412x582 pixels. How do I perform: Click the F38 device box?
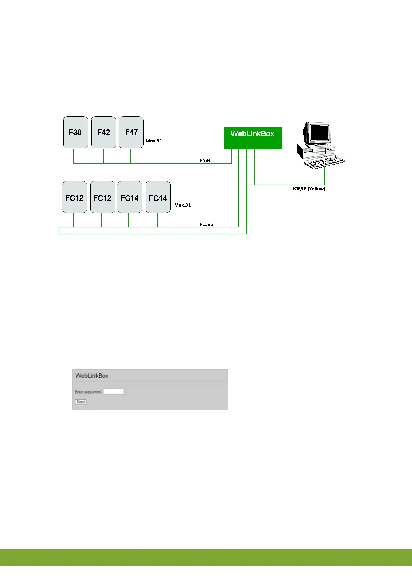click(75, 132)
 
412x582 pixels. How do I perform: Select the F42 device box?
click(103, 132)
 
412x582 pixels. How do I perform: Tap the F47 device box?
click(131, 132)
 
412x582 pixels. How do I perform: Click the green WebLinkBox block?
click(253, 138)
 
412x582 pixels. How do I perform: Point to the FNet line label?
click(205, 160)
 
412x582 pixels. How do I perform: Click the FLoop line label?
click(206, 224)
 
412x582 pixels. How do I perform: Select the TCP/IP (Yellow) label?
click(308, 188)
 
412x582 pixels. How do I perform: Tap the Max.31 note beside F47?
click(154, 141)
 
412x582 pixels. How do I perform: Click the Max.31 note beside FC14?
click(182, 205)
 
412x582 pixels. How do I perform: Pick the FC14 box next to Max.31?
click(158, 197)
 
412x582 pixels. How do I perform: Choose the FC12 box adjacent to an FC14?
click(102, 197)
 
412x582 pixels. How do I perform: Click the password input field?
click(113, 391)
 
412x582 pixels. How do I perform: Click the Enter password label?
click(88, 392)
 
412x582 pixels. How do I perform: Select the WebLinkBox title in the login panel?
click(92, 376)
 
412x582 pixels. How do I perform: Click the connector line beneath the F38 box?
click(74, 156)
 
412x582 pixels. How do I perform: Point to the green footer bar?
click(206, 557)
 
